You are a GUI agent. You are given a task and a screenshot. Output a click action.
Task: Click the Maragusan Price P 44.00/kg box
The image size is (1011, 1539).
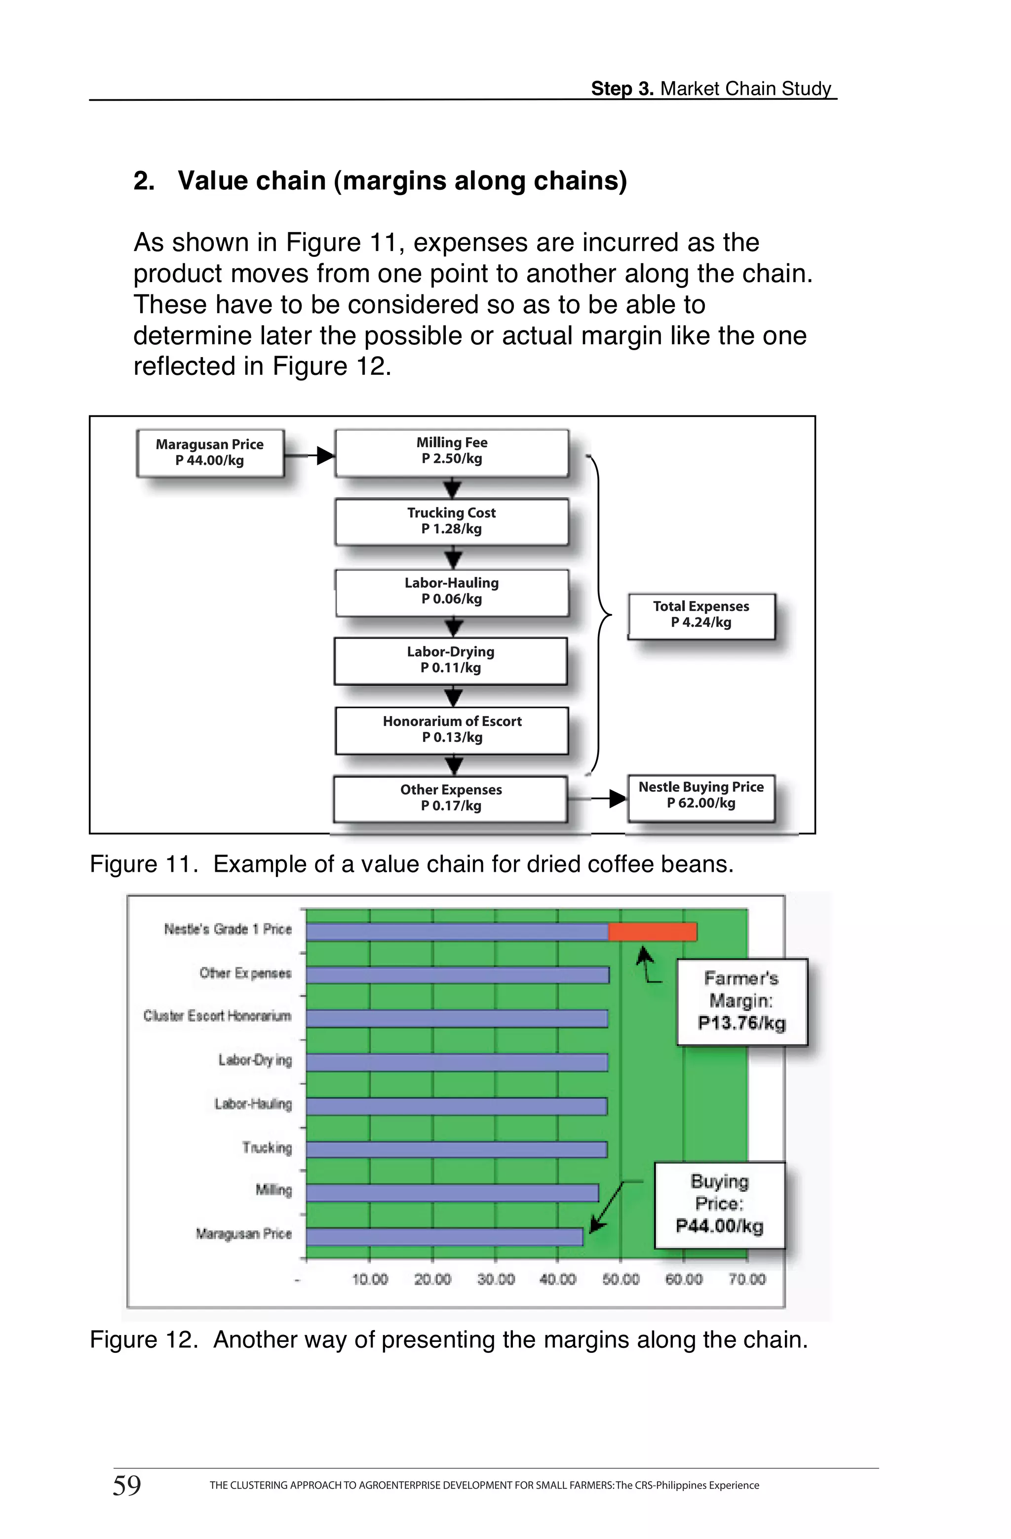coord(210,452)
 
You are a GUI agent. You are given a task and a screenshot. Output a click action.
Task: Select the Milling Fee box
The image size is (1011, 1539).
coord(451,452)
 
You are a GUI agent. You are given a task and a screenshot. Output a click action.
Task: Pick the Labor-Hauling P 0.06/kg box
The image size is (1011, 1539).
coord(451,592)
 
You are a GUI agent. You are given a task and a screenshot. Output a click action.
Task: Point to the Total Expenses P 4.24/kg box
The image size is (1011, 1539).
coord(700,615)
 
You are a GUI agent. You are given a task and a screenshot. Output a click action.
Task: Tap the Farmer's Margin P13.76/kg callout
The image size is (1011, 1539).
coord(741,1002)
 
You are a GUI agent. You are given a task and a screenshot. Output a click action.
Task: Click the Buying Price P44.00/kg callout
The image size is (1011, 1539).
coord(719,1205)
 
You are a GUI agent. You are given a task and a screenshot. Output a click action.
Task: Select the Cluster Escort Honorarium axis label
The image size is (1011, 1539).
coord(217,1016)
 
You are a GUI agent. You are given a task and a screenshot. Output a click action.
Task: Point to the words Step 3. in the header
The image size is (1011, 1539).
coord(622,88)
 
